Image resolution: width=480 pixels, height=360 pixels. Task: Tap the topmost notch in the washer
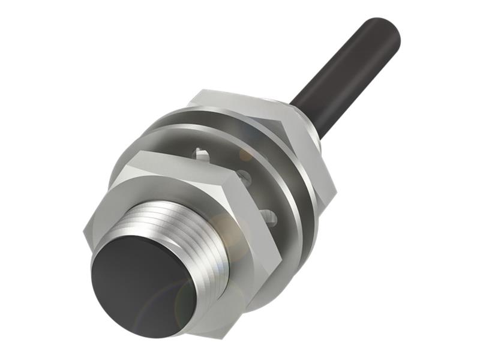[x=202, y=155]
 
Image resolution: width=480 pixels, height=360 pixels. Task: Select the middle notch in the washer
[x=243, y=177]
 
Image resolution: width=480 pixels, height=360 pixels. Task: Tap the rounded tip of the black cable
[x=384, y=30]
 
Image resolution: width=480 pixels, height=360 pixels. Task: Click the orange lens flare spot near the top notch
[x=246, y=155]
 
